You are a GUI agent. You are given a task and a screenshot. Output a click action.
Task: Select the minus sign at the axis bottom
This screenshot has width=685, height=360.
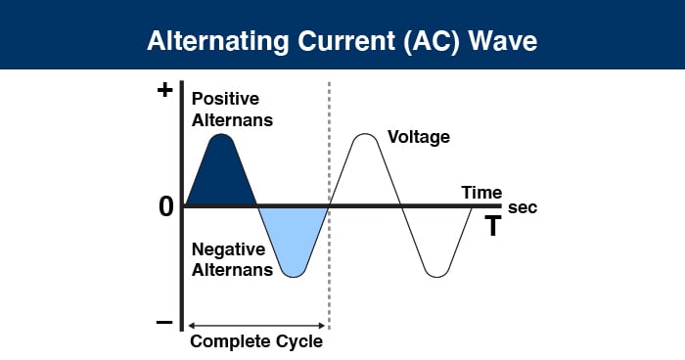point(164,322)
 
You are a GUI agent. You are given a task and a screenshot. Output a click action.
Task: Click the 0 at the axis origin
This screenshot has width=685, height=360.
point(165,206)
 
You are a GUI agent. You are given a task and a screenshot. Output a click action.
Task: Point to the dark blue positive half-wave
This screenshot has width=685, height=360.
point(222,176)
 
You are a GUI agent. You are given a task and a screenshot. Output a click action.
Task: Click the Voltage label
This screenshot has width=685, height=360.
point(419,137)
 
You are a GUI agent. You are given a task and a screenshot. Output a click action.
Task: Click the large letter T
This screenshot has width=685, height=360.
point(494,227)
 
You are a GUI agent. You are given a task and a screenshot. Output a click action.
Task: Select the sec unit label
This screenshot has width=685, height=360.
point(523,208)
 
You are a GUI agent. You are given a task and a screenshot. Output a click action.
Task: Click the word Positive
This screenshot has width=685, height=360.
point(224,99)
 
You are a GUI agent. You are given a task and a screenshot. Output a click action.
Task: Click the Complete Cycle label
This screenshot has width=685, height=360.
point(255,342)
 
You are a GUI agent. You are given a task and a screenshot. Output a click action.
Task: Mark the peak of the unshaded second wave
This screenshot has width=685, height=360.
point(364,135)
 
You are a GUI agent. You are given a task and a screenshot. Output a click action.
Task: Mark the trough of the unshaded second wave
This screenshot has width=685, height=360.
point(436,276)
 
